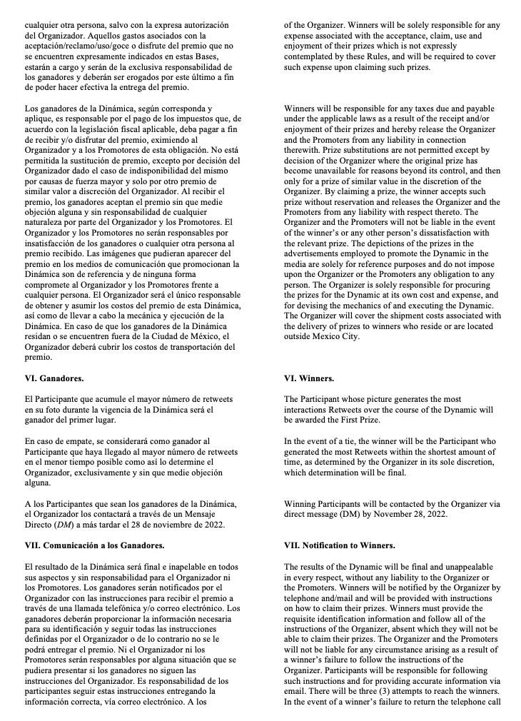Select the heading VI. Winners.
pos(308,378)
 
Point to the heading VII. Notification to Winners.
pos(339,545)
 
